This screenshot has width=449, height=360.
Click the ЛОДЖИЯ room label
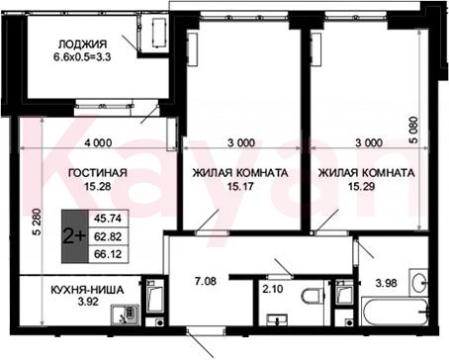point(82,45)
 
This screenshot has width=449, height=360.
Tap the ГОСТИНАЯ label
point(97,173)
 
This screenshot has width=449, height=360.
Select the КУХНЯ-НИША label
point(87,290)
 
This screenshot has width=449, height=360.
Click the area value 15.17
point(240,187)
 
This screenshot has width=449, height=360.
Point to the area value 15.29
point(362,187)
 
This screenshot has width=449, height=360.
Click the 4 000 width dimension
point(98,143)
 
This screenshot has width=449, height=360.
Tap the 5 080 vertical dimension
point(413,130)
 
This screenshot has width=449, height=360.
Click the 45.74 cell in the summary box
point(108,219)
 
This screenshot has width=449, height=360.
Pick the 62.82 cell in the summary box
point(108,236)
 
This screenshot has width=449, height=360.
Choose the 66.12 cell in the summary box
point(108,254)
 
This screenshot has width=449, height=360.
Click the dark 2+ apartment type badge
point(75,236)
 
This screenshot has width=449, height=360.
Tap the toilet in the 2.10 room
point(313,296)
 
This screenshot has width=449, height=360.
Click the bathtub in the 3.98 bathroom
point(395,312)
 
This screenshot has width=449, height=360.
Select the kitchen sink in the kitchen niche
point(125,315)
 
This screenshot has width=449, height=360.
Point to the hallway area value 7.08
point(206,282)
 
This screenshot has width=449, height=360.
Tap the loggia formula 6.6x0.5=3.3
point(82,56)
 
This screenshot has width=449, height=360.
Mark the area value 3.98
point(386,283)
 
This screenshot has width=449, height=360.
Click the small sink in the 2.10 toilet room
point(277,319)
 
